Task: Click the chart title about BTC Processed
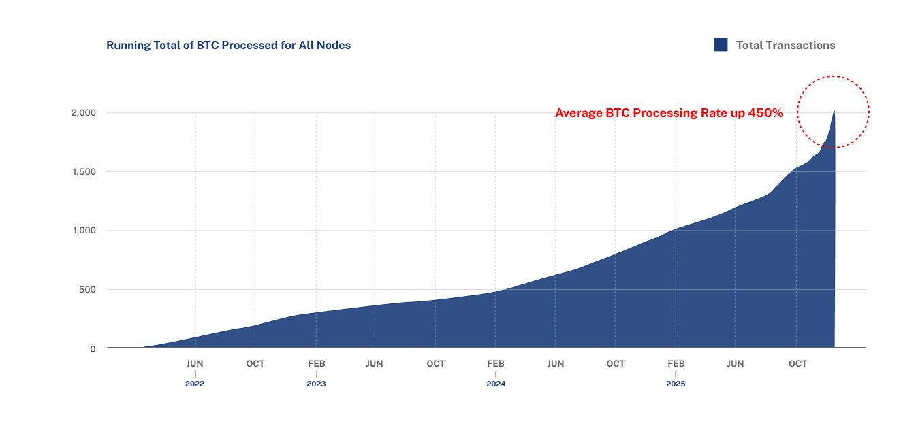tap(228, 46)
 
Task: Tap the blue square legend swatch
tap(721, 45)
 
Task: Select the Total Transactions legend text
tap(785, 46)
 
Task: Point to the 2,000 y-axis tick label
tap(84, 113)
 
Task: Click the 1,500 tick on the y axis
tap(84, 172)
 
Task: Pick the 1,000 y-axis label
tap(84, 231)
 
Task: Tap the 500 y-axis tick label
tap(88, 290)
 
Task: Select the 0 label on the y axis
tap(93, 349)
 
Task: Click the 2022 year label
tap(195, 384)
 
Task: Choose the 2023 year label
tap(316, 384)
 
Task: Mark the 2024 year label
tap(496, 384)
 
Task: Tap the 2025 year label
tap(676, 384)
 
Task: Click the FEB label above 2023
tap(316, 364)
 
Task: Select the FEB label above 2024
tap(496, 364)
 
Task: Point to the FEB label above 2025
tap(676, 364)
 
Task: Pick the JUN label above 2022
tap(195, 364)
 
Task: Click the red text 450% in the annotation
tap(765, 114)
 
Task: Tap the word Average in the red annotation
tap(578, 114)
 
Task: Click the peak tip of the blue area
tap(834, 112)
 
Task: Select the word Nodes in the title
tap(334, 46)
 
